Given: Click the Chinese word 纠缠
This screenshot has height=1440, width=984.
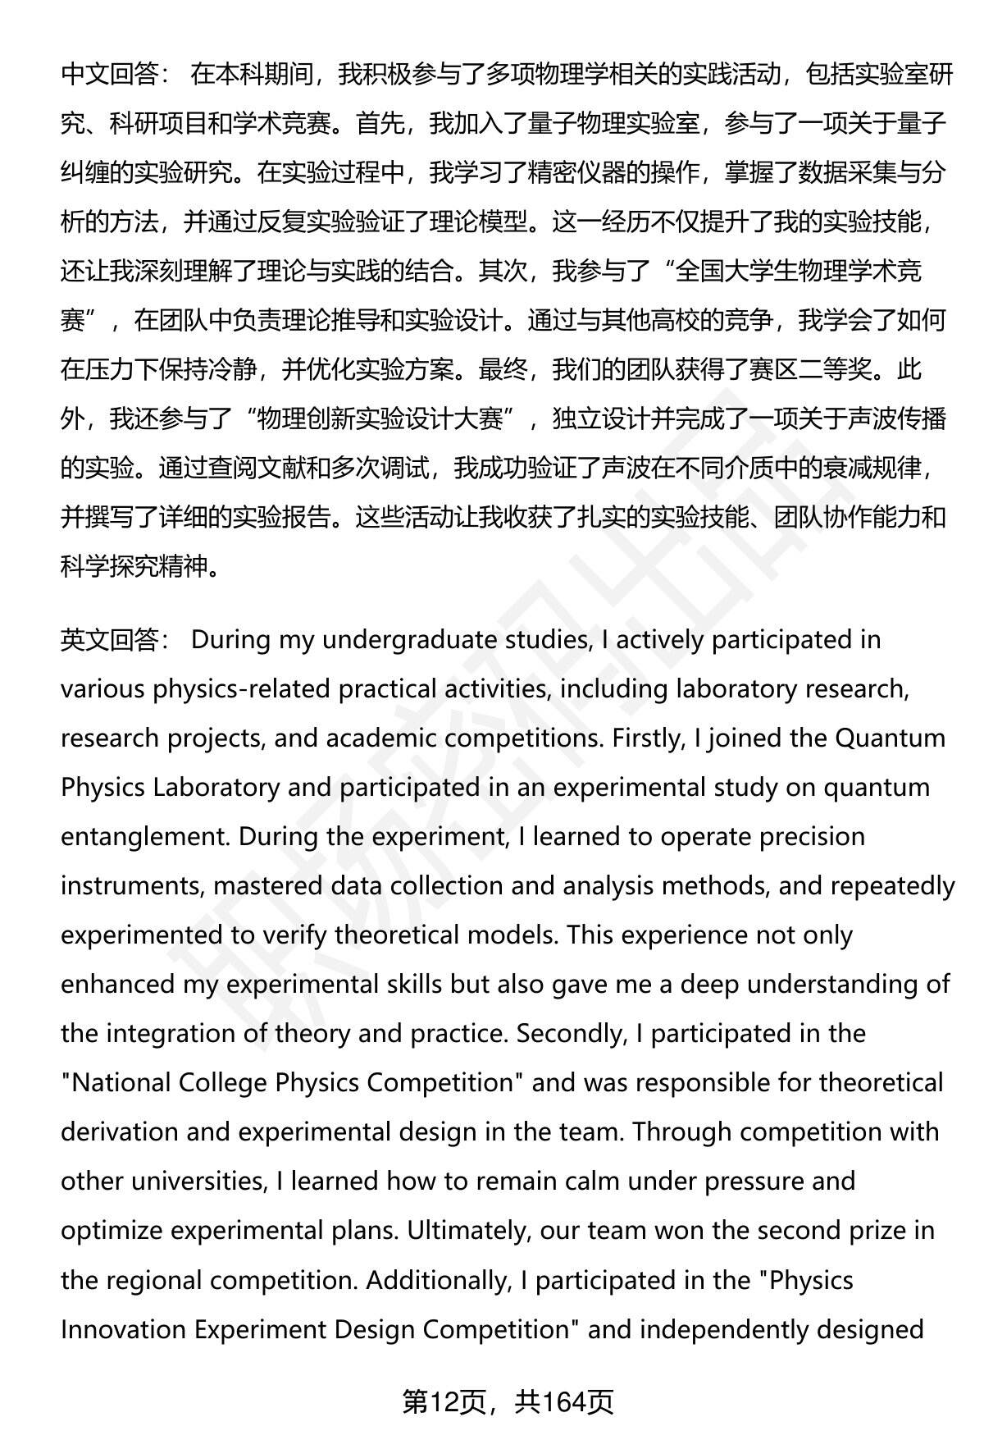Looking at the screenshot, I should pos(84,172).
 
